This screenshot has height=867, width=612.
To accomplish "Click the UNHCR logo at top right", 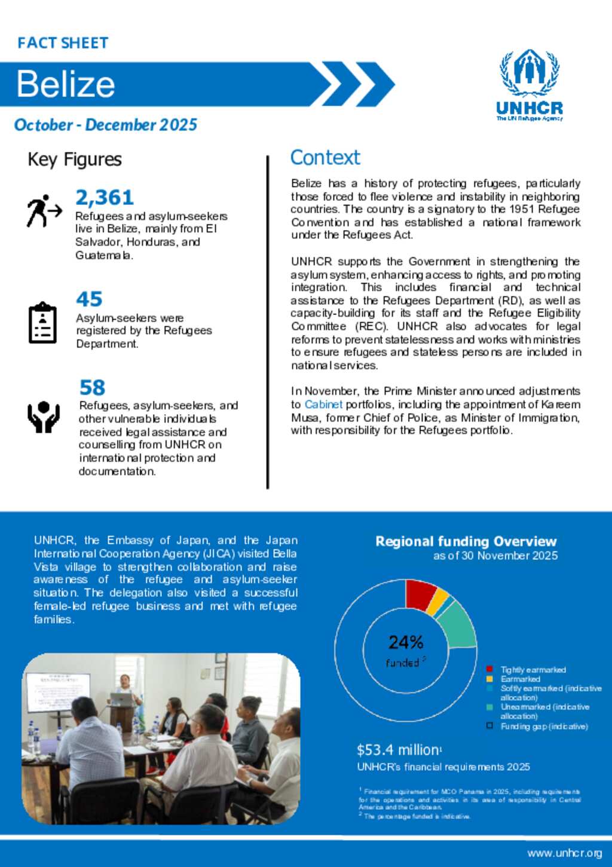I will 530,85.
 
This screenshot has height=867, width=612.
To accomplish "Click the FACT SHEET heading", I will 63,43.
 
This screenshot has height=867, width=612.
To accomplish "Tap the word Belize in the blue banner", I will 66,84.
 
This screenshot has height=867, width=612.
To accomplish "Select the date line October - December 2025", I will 106,125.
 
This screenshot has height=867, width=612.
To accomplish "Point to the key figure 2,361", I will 105,197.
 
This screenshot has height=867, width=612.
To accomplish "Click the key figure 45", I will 89,299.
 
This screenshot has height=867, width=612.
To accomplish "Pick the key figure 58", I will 92,388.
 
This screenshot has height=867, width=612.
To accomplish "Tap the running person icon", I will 44,211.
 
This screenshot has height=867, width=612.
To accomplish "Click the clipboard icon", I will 42,323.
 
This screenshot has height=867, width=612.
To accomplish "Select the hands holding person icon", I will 44,416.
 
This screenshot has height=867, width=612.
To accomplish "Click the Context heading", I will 325,158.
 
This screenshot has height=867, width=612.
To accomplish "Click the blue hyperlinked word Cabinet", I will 323,405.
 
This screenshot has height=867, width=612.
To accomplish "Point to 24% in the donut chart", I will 406,642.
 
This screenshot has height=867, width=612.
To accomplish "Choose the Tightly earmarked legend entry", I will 533,670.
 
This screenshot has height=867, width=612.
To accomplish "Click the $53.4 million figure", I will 398,750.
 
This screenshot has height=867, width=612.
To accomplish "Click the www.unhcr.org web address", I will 564,853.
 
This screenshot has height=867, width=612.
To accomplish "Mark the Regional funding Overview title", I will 466,541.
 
